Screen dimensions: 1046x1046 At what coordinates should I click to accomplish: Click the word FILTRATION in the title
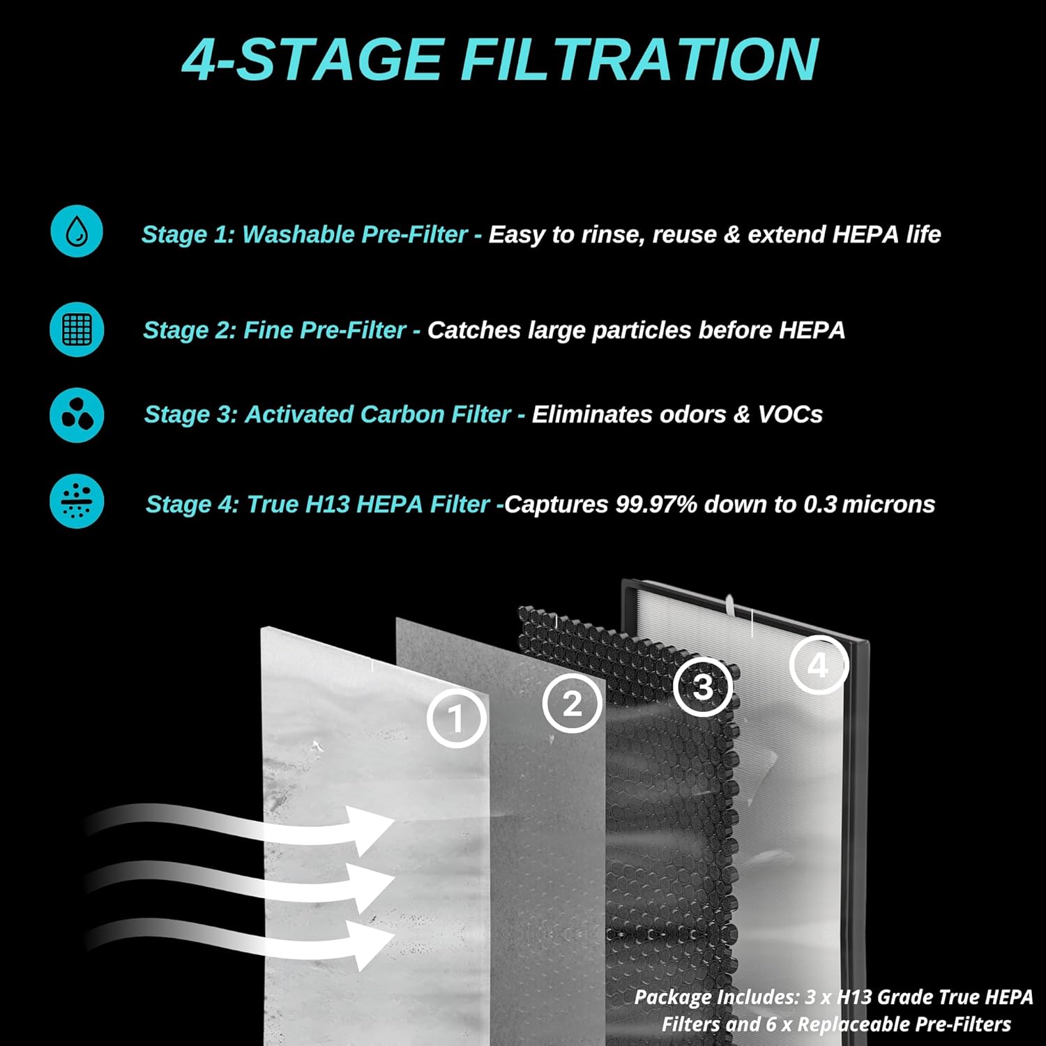pyautogui.click(x=639, y=60)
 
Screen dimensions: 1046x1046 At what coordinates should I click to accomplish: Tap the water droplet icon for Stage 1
pyautogui.click(x=77, y=232)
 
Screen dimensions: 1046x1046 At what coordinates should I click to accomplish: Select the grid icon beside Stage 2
pyautogui.click(x=77, y=329)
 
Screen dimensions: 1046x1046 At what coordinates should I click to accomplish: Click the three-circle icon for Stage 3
pyautogui.click(x=77, y=415)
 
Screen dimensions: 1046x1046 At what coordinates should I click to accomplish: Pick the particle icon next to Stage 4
pyautogui.click(x=77, y=501)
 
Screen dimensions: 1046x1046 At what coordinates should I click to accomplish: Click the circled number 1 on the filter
pyautogui.click(x=456, y=718)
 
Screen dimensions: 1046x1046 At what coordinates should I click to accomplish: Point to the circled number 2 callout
pyautogui.click(x=572, y=703)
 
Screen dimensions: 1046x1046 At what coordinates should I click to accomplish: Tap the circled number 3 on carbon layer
pyautogui.click(x=703, y=686)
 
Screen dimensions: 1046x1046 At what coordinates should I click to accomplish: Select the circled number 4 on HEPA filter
pyautogui.click(x=819, y=665)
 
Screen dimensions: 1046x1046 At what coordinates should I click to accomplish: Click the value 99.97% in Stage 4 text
pyautogui.click(x=655, y=504)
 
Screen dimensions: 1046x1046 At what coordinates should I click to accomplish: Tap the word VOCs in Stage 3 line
pyautogui.click(x=790, y=414)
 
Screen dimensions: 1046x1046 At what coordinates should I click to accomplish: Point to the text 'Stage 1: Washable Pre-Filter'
pyautogui.click(x=304, y=234)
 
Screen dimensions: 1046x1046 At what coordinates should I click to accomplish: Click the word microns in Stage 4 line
pyautogui.click(x=888, y=504)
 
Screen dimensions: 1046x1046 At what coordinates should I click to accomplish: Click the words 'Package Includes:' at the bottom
pyautogui.click(x=717, y=997)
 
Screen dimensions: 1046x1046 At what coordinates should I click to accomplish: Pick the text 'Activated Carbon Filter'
pyautogui.click(x=377, y=414)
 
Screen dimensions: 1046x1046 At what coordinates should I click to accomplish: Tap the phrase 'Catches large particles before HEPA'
pyautogui.click(x=636, y=330)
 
